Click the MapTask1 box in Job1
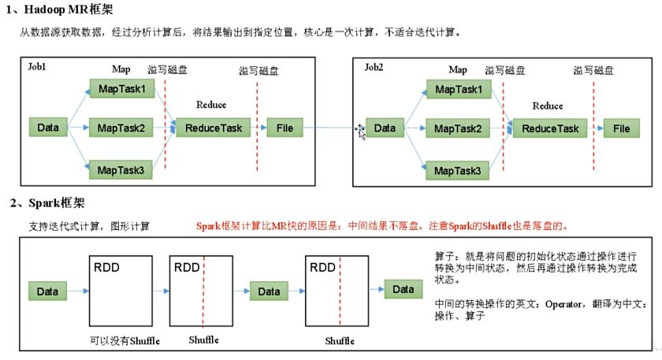[121, 89]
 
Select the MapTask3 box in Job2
[458, 169]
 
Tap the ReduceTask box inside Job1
[213, 128]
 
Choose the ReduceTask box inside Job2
[550, 128]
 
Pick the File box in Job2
[622, 128]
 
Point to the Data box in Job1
[48, 128]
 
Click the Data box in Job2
[385, 128]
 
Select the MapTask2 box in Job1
[121, 128]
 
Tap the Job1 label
[36, 67]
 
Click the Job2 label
[374, 67]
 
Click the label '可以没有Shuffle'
[125, 340]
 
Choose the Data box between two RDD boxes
[269, 291]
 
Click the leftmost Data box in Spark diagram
[48, 291]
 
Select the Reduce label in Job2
[548, 106]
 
